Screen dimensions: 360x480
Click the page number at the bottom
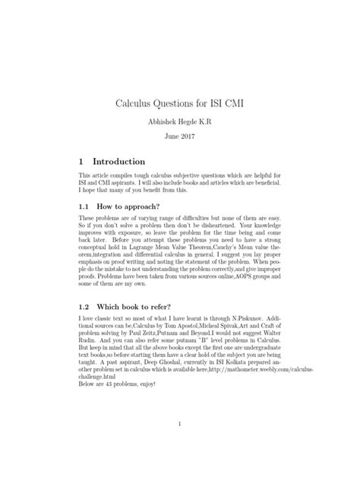click(179, 423)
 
